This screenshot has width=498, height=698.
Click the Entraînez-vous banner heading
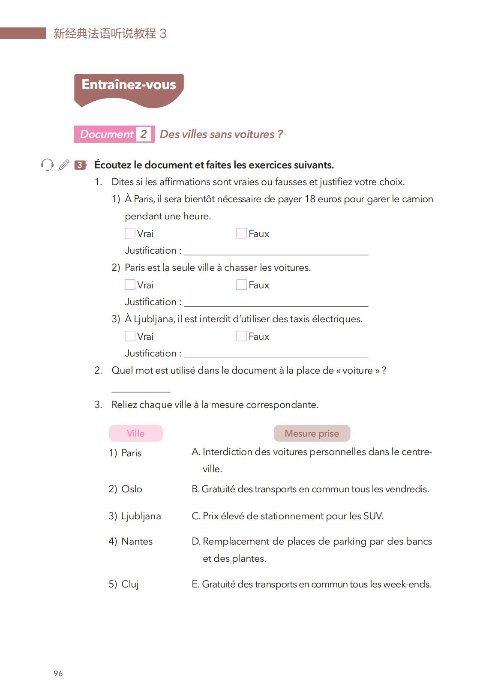pyautogui.click(x=129, y=85)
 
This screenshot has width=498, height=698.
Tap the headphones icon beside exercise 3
pyautogui.click(x=47, y=165)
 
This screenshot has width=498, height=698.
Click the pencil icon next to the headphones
pyautogui.click(x=64, y=165)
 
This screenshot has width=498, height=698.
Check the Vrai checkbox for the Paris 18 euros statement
pyautogui.click(x=130, y=233)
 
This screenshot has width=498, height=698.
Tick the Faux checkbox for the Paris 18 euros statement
pyautogui.click(x=241, y=233)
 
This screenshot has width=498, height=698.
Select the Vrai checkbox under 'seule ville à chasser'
pyautogui.click(x=130, y=285)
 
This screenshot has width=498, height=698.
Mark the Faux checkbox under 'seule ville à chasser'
pyautogui.click(x=241, y=285)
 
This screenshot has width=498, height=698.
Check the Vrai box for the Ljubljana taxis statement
pyautogui.click(x=130, y=336)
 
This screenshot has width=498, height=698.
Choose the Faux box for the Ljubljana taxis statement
pyautogui.click(x=241, y=336)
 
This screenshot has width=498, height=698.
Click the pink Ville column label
pyautogui.click(x=136, y=433)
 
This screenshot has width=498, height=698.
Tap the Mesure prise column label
pyautogui.click(x=312, y=433)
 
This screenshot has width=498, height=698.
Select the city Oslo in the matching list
pyautogui.click(x=132, y=489)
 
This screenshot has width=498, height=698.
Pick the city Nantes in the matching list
pyautogui.click(x=137, y=541)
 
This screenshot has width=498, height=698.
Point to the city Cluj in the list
pyautogui.click(x=130, y=584)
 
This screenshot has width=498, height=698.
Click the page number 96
pyautogui.click(x=58, y=674)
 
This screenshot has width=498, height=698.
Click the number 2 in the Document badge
pyautogui.click(x=144, y=134)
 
